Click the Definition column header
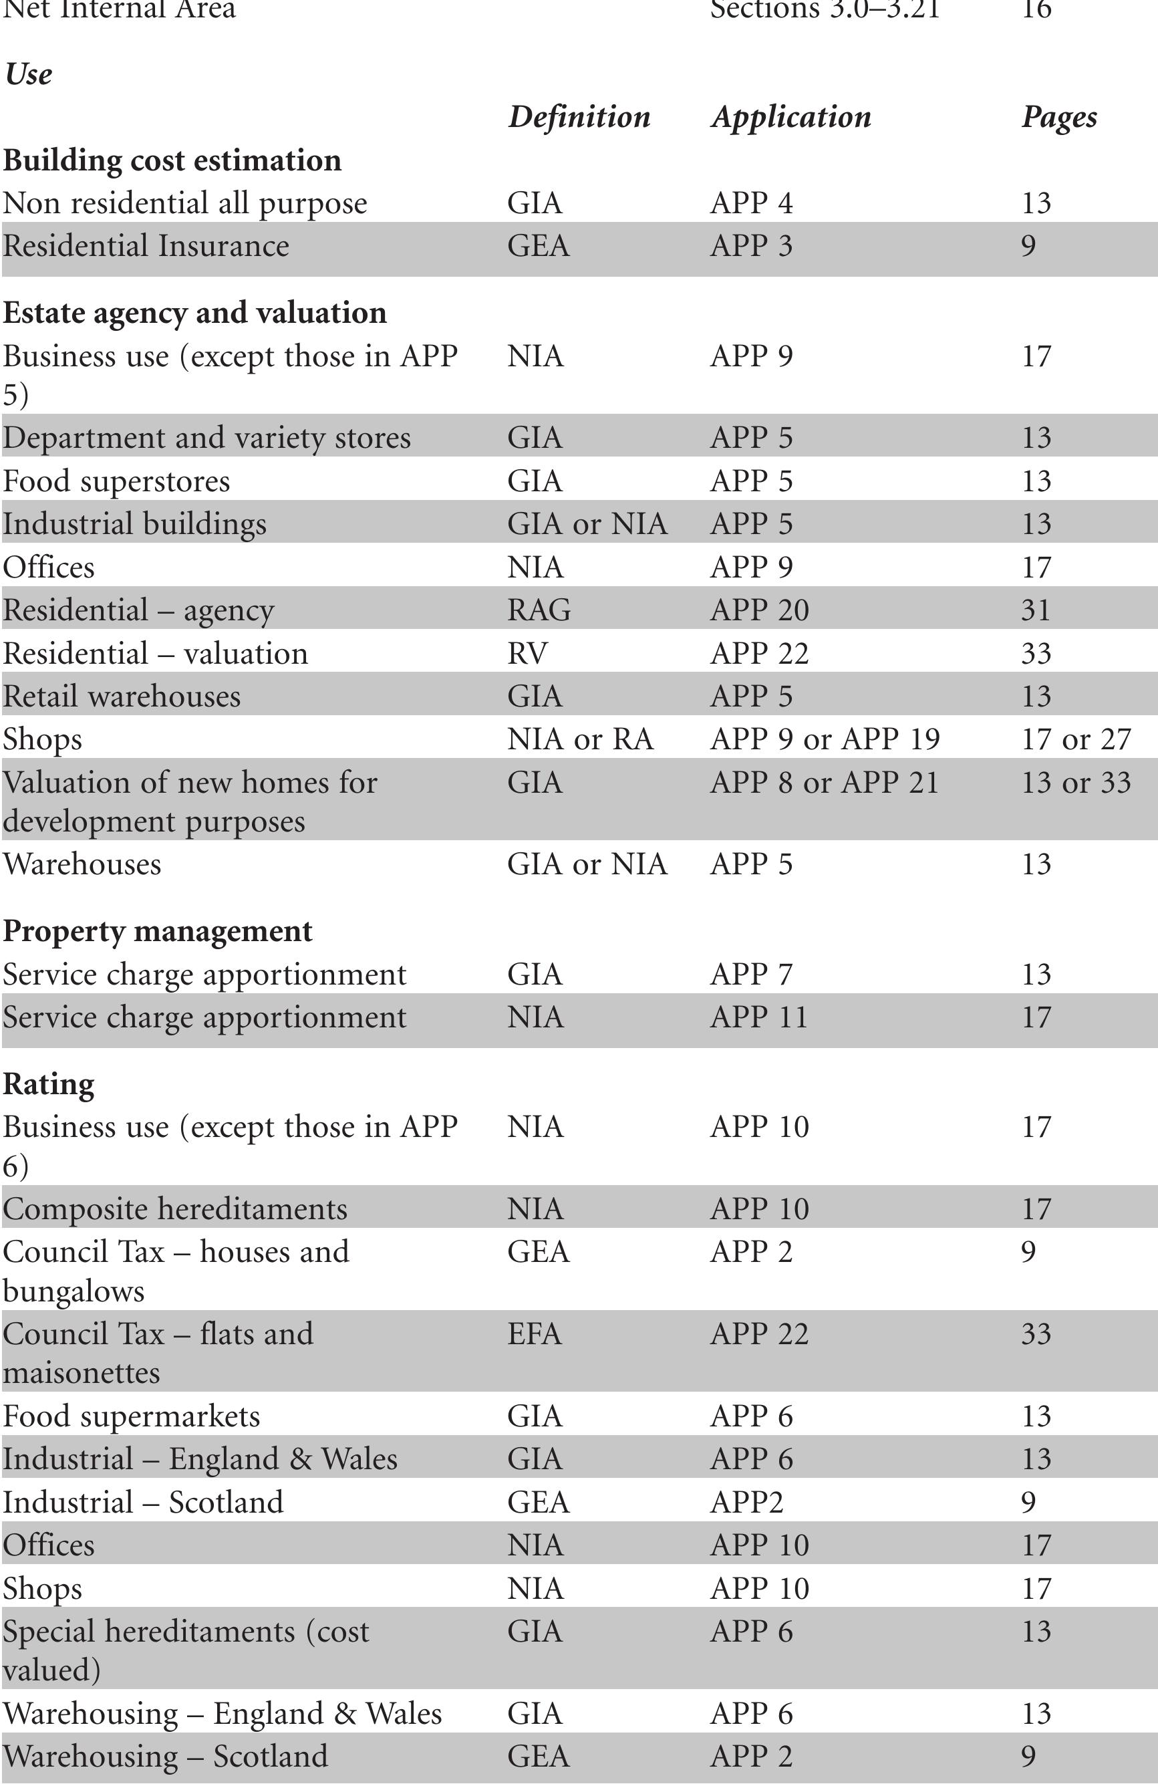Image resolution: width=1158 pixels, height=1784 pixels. [579, 117]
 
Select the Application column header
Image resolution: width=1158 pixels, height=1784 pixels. [790, 117]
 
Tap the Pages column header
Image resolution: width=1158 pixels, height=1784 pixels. [1058, 117]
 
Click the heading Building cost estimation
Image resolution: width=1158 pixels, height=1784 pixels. [172, 160]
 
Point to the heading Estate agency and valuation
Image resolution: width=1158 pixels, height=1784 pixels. [195, 313]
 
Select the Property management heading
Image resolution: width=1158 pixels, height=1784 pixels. [158, 931]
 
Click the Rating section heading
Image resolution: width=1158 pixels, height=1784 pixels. [49, 1084]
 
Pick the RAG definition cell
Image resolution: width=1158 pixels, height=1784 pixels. [539, 610]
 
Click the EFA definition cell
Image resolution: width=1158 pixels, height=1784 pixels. [535, 1333]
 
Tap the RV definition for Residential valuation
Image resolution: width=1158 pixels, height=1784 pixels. [528, 653]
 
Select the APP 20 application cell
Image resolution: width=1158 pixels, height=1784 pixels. [759, 610]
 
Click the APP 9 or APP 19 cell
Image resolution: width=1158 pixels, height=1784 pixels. [825, 739]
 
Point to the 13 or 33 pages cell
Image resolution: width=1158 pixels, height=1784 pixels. [1076, 783]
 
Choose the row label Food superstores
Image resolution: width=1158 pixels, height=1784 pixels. [116, 481]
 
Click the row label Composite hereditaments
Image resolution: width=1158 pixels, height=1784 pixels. [174, 1209]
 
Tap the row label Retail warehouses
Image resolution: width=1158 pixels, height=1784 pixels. [122, 696]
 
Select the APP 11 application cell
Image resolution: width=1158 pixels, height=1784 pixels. [758, 1017]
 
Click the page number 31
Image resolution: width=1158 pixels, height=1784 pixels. [1035, 610]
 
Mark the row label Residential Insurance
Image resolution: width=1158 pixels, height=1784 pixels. [146, 246]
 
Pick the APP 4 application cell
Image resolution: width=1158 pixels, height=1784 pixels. [751, 203]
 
